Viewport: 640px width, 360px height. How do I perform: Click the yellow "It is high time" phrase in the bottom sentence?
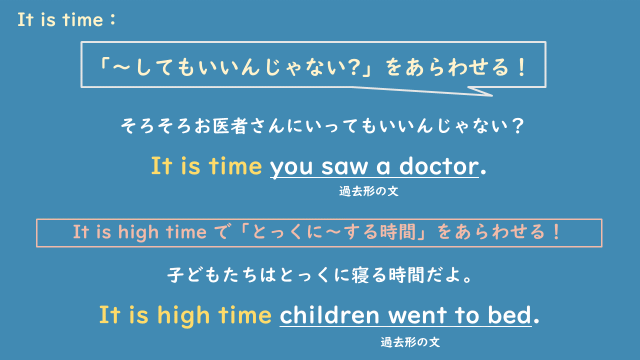(x=185, y=314)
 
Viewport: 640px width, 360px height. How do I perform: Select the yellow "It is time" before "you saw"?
(x=206, y=165)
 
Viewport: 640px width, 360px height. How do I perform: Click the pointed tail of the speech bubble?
(x=487, y=95)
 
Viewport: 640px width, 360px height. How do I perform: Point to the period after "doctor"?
(x=484, y=172)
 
